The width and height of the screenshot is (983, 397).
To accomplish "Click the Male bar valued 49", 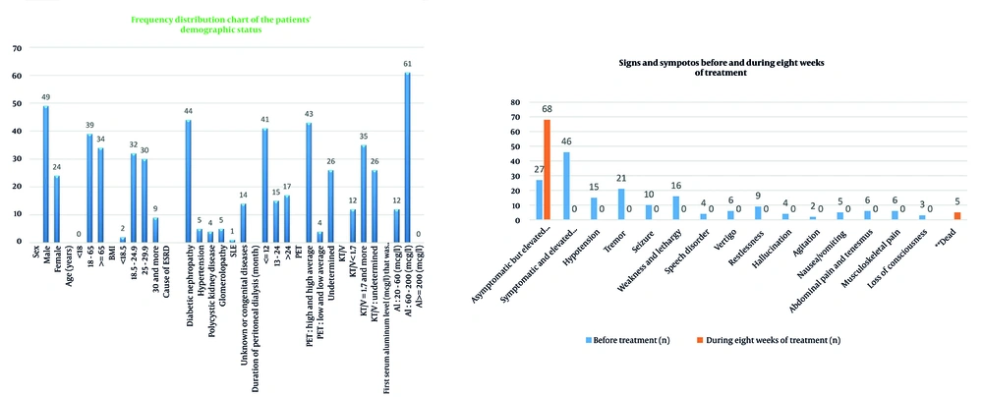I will click(x=45, y=174).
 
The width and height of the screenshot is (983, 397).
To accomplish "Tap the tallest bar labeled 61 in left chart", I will click(x=407, y=157).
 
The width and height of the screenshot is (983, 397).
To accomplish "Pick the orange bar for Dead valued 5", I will click(x=956, y=215).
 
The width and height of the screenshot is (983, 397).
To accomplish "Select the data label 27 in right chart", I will click(x=538, y=170).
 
